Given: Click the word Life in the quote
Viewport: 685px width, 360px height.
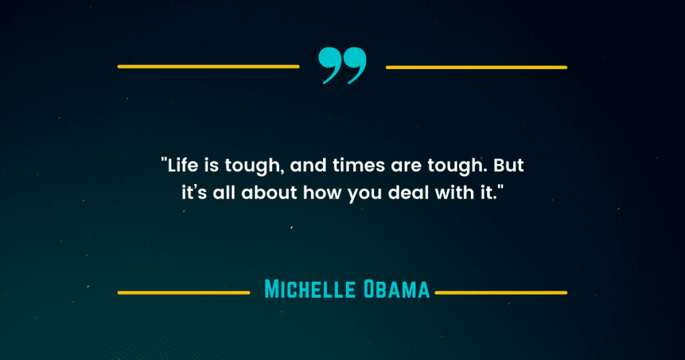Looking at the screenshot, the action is [183, 165].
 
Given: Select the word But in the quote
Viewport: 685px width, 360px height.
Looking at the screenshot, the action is [508, 165].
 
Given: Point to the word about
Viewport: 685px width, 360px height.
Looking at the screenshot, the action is [269, 193].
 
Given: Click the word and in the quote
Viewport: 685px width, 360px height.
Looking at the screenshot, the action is [308, 165].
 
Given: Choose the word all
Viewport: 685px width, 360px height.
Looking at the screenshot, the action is [223, 193].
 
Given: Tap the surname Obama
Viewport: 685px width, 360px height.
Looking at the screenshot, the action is [397, 290].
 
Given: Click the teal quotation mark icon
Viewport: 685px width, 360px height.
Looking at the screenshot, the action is [342, 66].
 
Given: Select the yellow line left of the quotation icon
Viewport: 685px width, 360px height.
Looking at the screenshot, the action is [209, 67].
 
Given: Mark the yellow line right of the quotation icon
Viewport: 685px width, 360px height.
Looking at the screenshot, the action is [476, 68].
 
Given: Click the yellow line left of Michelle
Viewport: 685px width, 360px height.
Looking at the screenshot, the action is [184, 292].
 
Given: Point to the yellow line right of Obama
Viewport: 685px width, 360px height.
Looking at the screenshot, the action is [501, 292].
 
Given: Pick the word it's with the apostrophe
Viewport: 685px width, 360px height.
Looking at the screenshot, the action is [194, 193].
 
